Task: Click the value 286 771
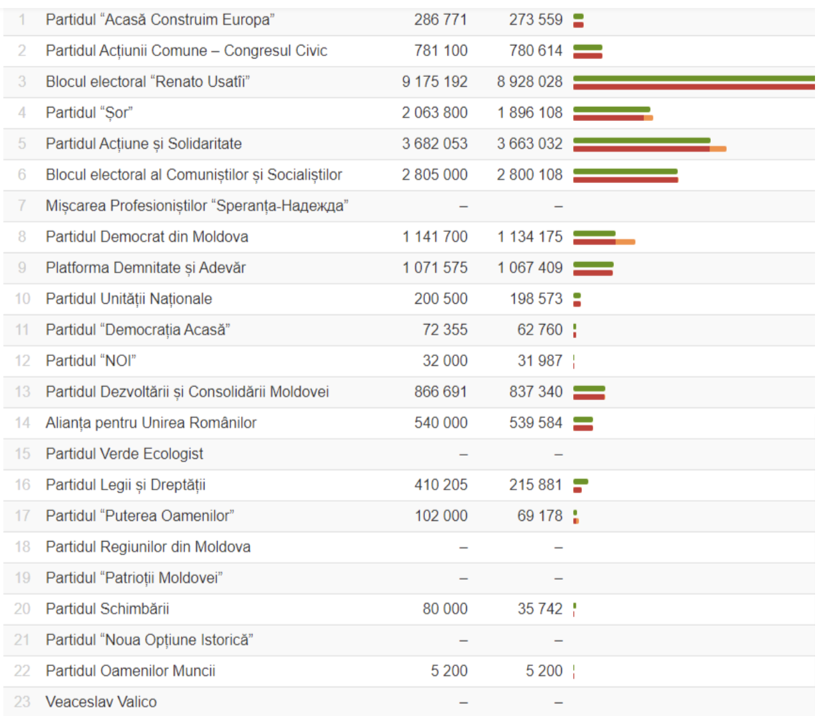440,19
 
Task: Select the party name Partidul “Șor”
89,113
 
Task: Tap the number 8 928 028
530,81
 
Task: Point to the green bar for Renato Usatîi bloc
693,78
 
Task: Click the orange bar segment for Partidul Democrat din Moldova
625,242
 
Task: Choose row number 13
23,392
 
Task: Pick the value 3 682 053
435,144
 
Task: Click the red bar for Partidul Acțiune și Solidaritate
641,149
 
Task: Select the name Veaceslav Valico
102,702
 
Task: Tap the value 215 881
536,485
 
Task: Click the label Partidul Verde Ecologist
124,454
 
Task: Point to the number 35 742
540,608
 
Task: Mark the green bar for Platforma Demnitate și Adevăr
593,264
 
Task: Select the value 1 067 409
530,268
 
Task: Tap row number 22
22,671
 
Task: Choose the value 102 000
441,516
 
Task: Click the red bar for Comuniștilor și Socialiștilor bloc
626,180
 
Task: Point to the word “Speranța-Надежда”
282,206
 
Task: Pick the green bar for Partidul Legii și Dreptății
581,482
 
